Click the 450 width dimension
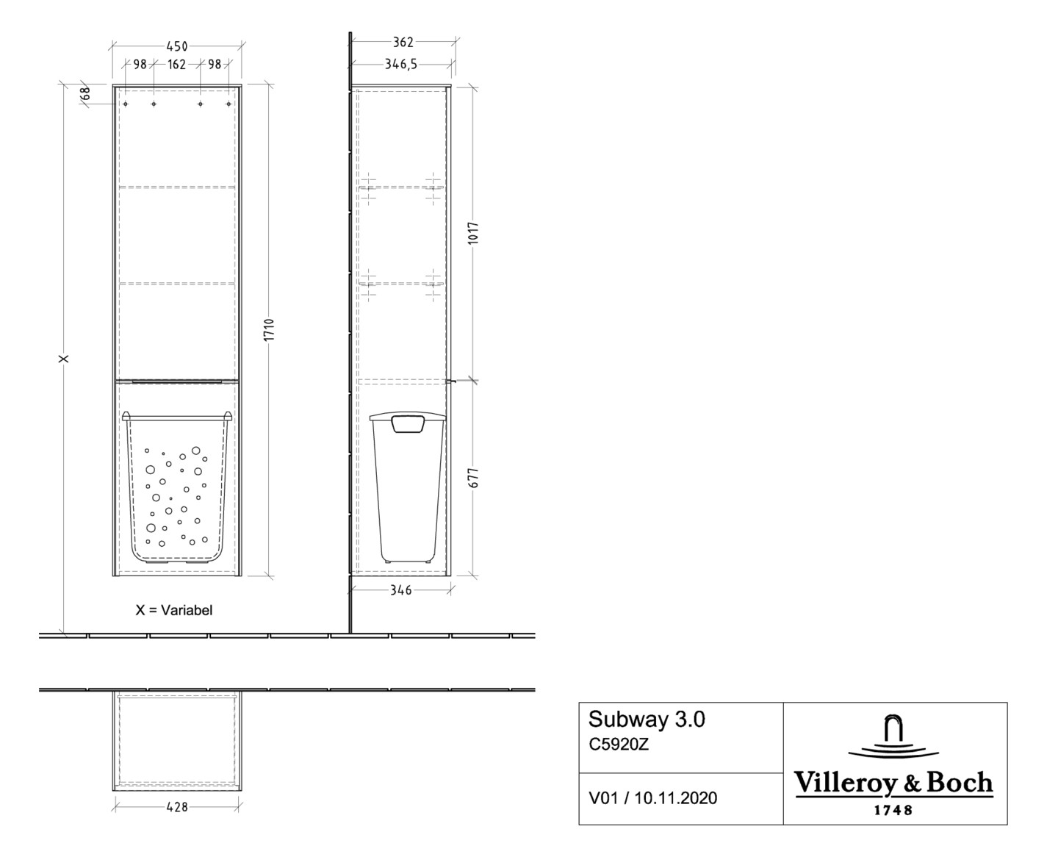point(176,46)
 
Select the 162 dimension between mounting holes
point(176,65)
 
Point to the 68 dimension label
point(85,93)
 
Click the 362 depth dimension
point(403,42)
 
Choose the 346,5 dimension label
point(401,64)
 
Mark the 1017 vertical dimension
point(473,234)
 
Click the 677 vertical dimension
point(473,478)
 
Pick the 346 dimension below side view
point(400,589)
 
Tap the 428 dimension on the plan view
point(177,807)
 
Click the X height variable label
point(65,359)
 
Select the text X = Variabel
point(174,610)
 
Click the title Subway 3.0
point(647,719)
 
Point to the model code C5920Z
point(619,744)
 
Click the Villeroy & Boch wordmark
point(893,784)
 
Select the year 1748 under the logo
point(893,810)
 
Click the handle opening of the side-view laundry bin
point(409,423)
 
